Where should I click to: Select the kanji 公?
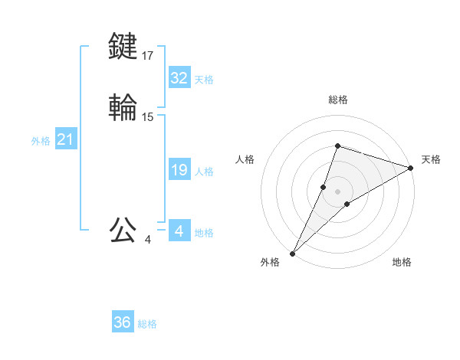[x=123, y=230]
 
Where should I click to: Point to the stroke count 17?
[x=148, y=55]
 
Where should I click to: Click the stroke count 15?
[x=148, y=117]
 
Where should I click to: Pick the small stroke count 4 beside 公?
[x=148, y=240]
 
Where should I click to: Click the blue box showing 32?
[x=179, y=77]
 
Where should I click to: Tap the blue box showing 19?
[x=179, y=170]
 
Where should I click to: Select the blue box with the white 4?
[x=179, y=231]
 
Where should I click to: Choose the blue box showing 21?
[x=65, y=139]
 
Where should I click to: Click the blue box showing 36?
[x=123, y=322]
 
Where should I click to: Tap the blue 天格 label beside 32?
[x=203, y=79]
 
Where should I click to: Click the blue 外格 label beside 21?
[x=41, y=141]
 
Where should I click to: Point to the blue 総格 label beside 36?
[x=147, y=324]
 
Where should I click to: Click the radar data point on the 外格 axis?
[x=292, y=253]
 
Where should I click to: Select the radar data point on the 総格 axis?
[x=337, y=146]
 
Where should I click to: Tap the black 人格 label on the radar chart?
[x=245, y=159]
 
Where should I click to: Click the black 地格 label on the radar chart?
[x=402, y=262]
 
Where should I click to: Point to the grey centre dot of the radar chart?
[x=337, y=191]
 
